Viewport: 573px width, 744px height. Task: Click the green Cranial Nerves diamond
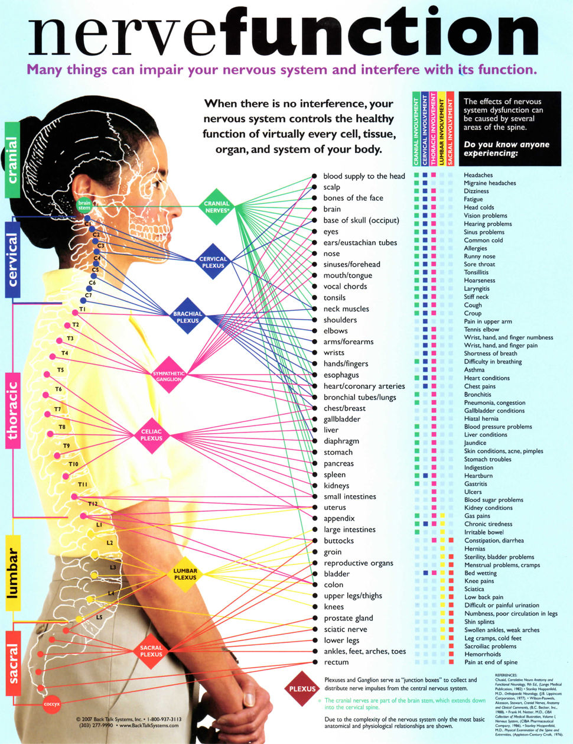tap(217, 207)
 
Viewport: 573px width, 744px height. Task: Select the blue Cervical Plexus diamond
tap(213, 262)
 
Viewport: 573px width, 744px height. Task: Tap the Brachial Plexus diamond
tap(188, 317)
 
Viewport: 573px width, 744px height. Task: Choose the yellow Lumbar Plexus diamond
tap(185, 574)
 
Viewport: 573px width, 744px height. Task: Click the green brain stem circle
tap(84, 205)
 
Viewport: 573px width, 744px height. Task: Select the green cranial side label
tap(12, 160)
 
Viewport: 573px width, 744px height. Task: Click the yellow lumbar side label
tap(12, 573)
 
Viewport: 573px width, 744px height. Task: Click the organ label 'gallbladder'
tap(341, 419)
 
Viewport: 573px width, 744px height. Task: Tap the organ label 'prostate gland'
tap(348, 618)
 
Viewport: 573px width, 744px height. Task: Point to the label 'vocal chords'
tap(345, 287)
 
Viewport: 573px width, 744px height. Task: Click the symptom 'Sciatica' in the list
tap(474, 589)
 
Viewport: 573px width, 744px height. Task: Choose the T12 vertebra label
tap(93, 503)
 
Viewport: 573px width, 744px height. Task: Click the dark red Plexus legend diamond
tap(302, 688)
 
